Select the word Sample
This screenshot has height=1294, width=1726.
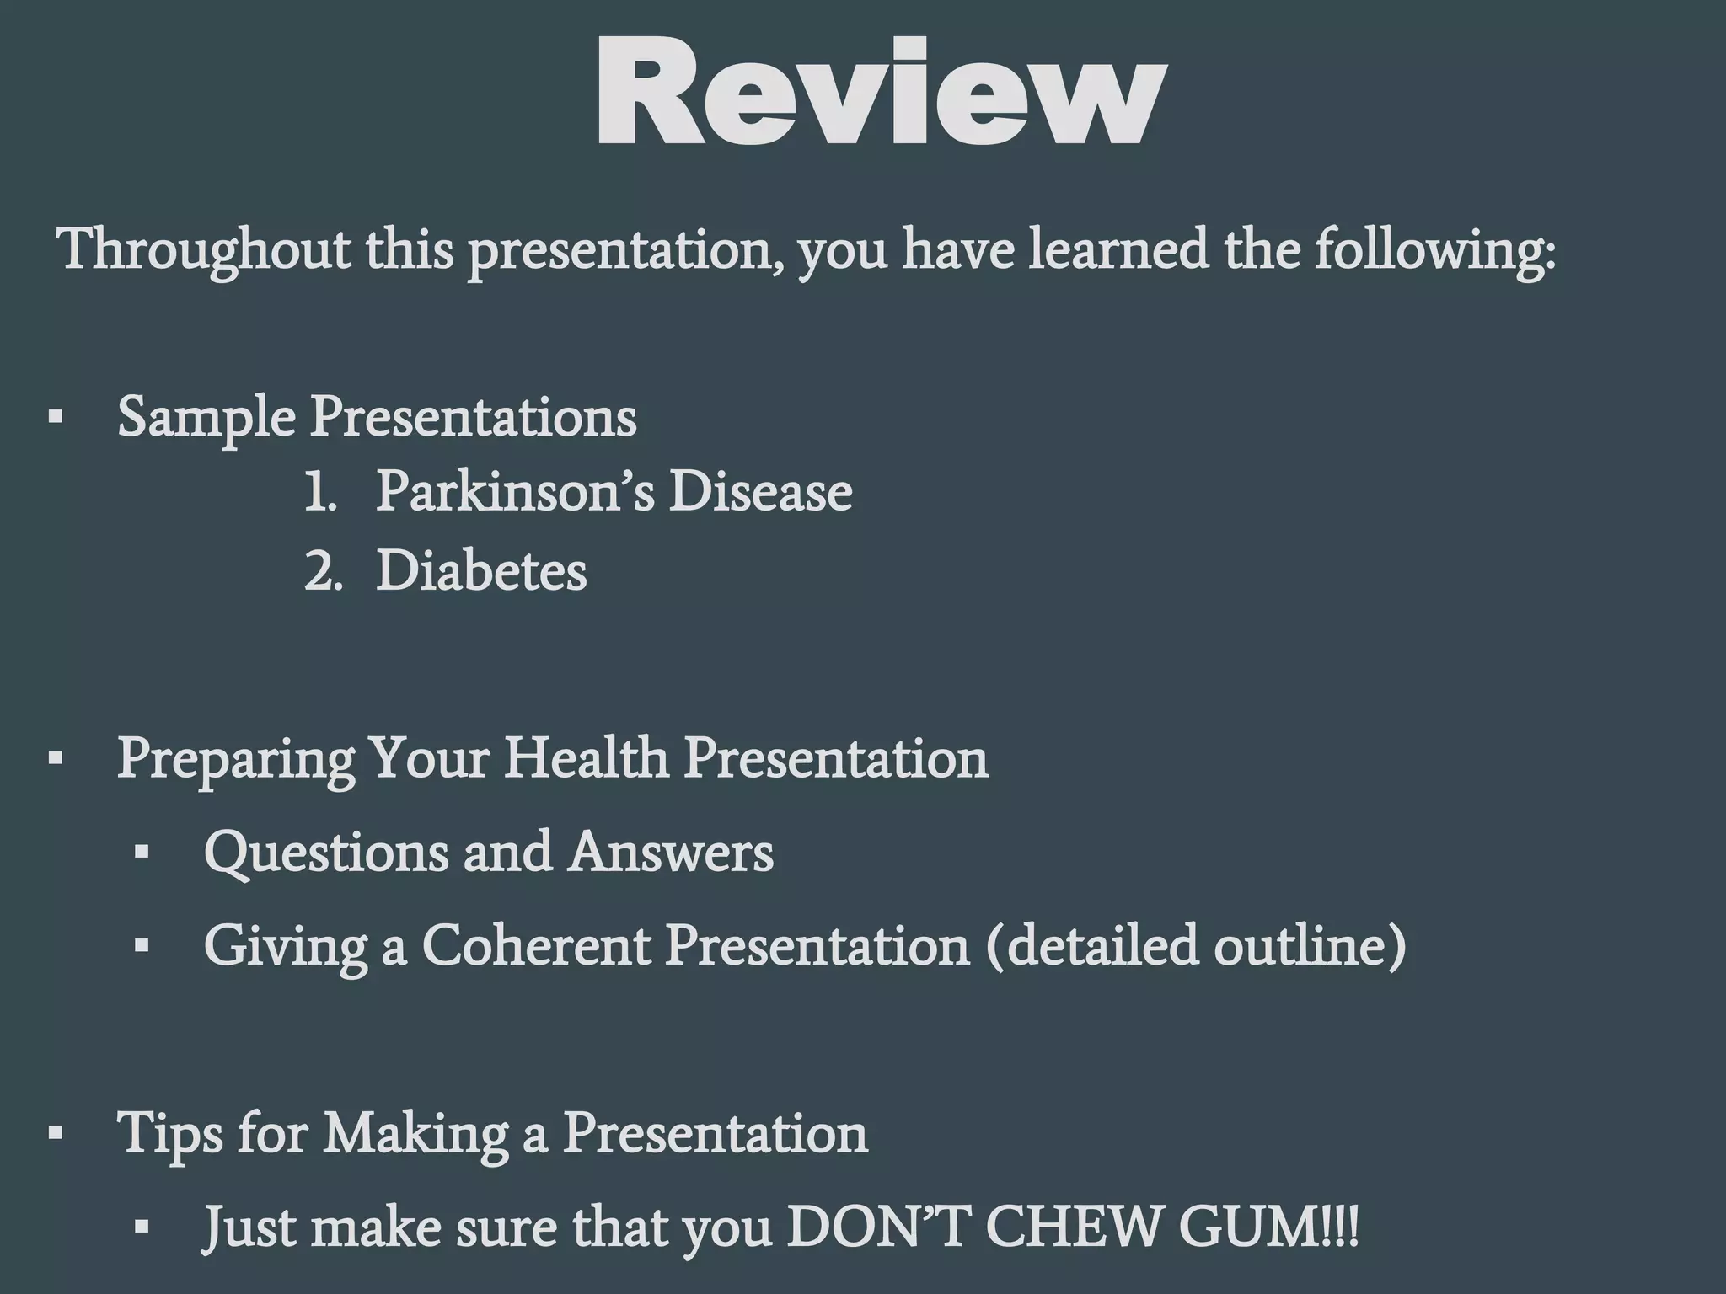coord(206,416)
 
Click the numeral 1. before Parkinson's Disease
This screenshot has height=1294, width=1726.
coord(320,491)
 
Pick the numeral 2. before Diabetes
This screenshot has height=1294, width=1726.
coord(323,572)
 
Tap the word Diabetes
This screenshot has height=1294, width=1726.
coord(481,572)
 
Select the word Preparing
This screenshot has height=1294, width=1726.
coord(235,758)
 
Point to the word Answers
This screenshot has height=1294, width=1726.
coord(671,852)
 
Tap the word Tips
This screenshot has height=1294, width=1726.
coord(169,1133)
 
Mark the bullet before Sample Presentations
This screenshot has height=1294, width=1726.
coord(56,418)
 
